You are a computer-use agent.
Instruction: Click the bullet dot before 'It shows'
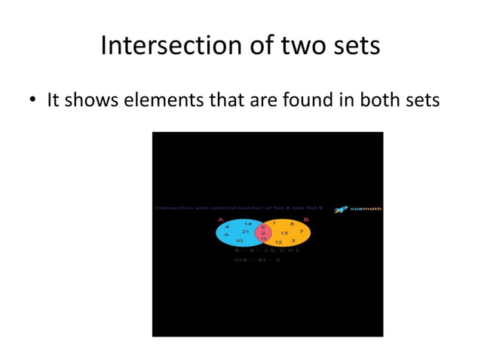coord(34,101)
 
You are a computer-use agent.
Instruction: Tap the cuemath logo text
coord(366,209)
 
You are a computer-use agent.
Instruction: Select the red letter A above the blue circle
coord(221,220)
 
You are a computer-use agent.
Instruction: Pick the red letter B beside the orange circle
coord(306,220)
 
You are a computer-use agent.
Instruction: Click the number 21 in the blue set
coord(245,231)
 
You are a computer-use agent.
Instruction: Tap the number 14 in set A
coord(247,224)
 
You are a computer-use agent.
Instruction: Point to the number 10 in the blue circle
coord(238,240)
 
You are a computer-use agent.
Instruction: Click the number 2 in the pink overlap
coord(263,233)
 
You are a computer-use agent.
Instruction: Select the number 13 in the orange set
coord(284,233)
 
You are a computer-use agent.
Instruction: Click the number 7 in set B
coord(301,230)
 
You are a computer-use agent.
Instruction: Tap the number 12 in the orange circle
coord(278,242)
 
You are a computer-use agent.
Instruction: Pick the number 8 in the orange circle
coord(291,224)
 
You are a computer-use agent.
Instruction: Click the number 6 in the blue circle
coord(226,234)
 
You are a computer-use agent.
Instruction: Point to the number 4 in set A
coord(226,226)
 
